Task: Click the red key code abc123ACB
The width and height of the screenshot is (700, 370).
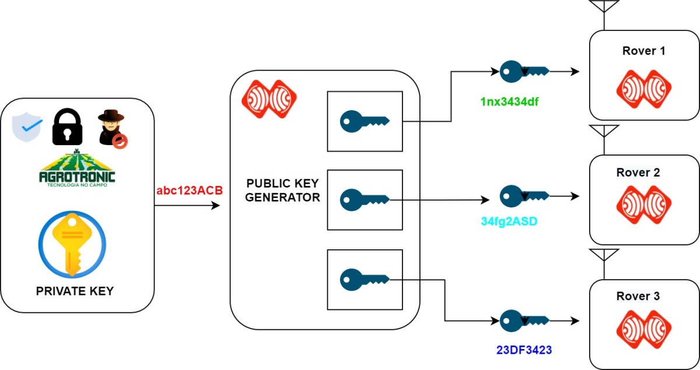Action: tap(190, 191)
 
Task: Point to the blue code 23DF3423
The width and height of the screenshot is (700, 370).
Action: tap(524, 350)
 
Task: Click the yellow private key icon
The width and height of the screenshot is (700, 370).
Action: tap(72, 244)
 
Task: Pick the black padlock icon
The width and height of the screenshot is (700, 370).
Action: tap(68, 128)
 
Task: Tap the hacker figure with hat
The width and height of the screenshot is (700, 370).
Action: tap(113, 128)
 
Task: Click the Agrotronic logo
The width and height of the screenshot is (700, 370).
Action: tap(77, 170)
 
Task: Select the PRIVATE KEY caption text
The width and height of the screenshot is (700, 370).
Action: tap(75, 290)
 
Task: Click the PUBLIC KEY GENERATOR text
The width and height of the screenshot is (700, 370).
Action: tap(282, 191)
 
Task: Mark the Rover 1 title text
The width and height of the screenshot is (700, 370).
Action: tap(644, 51)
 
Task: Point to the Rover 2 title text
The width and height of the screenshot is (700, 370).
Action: tap(638, 173)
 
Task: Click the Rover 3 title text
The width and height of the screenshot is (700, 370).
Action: tap(638, 297)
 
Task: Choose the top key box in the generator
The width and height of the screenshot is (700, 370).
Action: tap(365, 121)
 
